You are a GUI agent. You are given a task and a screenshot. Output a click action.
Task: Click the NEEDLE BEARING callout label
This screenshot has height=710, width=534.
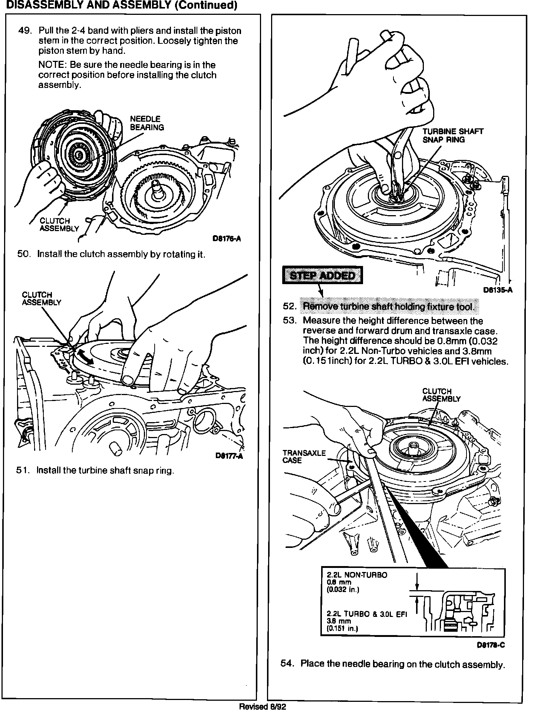click(x=146, y=123)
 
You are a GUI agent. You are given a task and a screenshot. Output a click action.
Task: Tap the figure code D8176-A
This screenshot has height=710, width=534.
click(x=226, y=239)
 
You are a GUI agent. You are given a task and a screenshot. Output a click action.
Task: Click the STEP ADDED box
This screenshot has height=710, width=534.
click(x=322, y=275)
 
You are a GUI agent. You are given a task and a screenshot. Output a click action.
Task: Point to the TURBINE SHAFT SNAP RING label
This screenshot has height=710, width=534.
click(x=453, y=135)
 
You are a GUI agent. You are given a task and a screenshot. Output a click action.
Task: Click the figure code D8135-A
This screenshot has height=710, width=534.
click(x=498, y=290)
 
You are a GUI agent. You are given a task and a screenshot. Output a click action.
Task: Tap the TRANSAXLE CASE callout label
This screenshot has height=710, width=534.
click(x=304, y=457)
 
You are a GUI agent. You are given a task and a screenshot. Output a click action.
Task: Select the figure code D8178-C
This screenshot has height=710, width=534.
click(x=491, y=645)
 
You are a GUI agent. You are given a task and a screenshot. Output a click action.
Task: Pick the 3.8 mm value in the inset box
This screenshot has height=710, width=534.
click(x=339, y=621)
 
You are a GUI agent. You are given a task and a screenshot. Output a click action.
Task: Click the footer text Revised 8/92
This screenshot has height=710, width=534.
click(x=263, y=707)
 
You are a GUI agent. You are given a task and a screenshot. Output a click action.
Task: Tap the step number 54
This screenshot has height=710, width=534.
click(x=287, y=664)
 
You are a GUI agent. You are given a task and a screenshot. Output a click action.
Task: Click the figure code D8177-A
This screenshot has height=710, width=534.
click(x=229, y=456)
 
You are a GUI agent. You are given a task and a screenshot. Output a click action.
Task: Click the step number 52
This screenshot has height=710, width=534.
click(x=289, y=306)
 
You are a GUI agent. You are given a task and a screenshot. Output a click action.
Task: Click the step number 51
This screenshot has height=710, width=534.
click(x=23, y=471)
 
